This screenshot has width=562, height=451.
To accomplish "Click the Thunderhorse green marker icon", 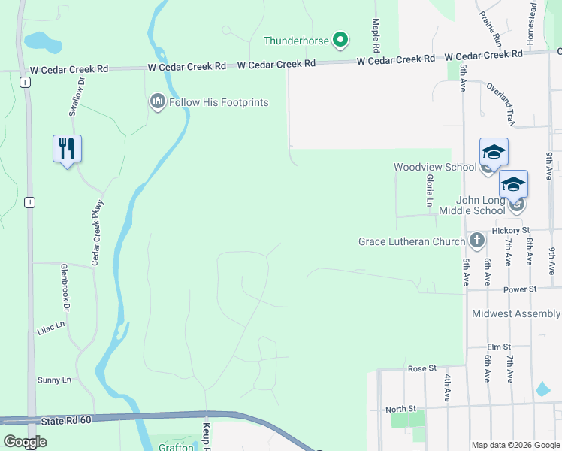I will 340,39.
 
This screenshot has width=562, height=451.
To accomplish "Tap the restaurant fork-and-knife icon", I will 67,148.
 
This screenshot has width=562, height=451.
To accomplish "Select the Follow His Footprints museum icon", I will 157,101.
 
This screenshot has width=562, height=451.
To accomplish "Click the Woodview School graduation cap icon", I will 494,152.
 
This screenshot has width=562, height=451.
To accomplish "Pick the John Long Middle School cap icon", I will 513,184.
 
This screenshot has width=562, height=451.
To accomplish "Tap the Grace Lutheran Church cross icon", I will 476,241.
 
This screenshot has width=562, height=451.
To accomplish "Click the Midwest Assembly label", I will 515,313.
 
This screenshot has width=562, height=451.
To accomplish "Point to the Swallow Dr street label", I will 74,98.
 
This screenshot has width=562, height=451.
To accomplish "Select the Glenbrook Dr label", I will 65,288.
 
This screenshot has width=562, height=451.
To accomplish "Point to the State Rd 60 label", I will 68,421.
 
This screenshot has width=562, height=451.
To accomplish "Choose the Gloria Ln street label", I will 430,191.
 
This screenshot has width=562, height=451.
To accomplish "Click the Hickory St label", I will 511,230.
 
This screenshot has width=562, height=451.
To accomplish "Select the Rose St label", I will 421,368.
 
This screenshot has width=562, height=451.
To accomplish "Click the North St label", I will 400,409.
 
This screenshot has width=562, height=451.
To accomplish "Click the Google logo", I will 25,442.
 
